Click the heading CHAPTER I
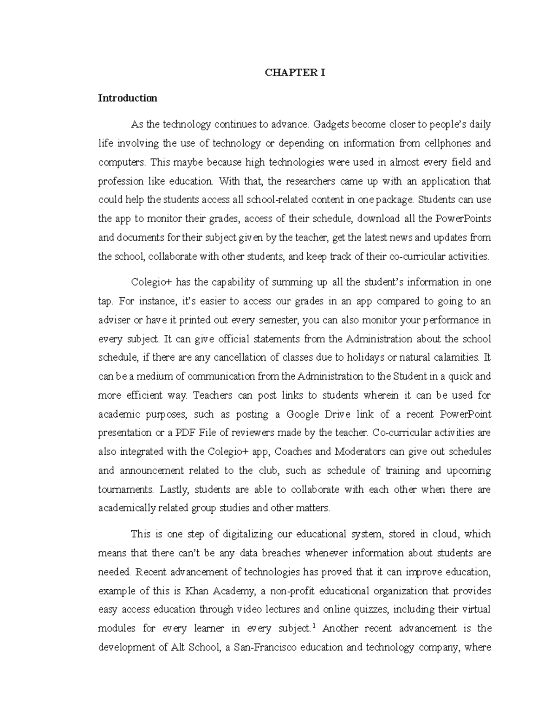click(295, 73)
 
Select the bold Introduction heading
click(127, 98)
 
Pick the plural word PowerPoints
click(459, 219)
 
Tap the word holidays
click(355, 358)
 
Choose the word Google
click(304, 414)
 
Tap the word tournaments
click(125, 490)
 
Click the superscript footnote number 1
click(314, 626)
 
